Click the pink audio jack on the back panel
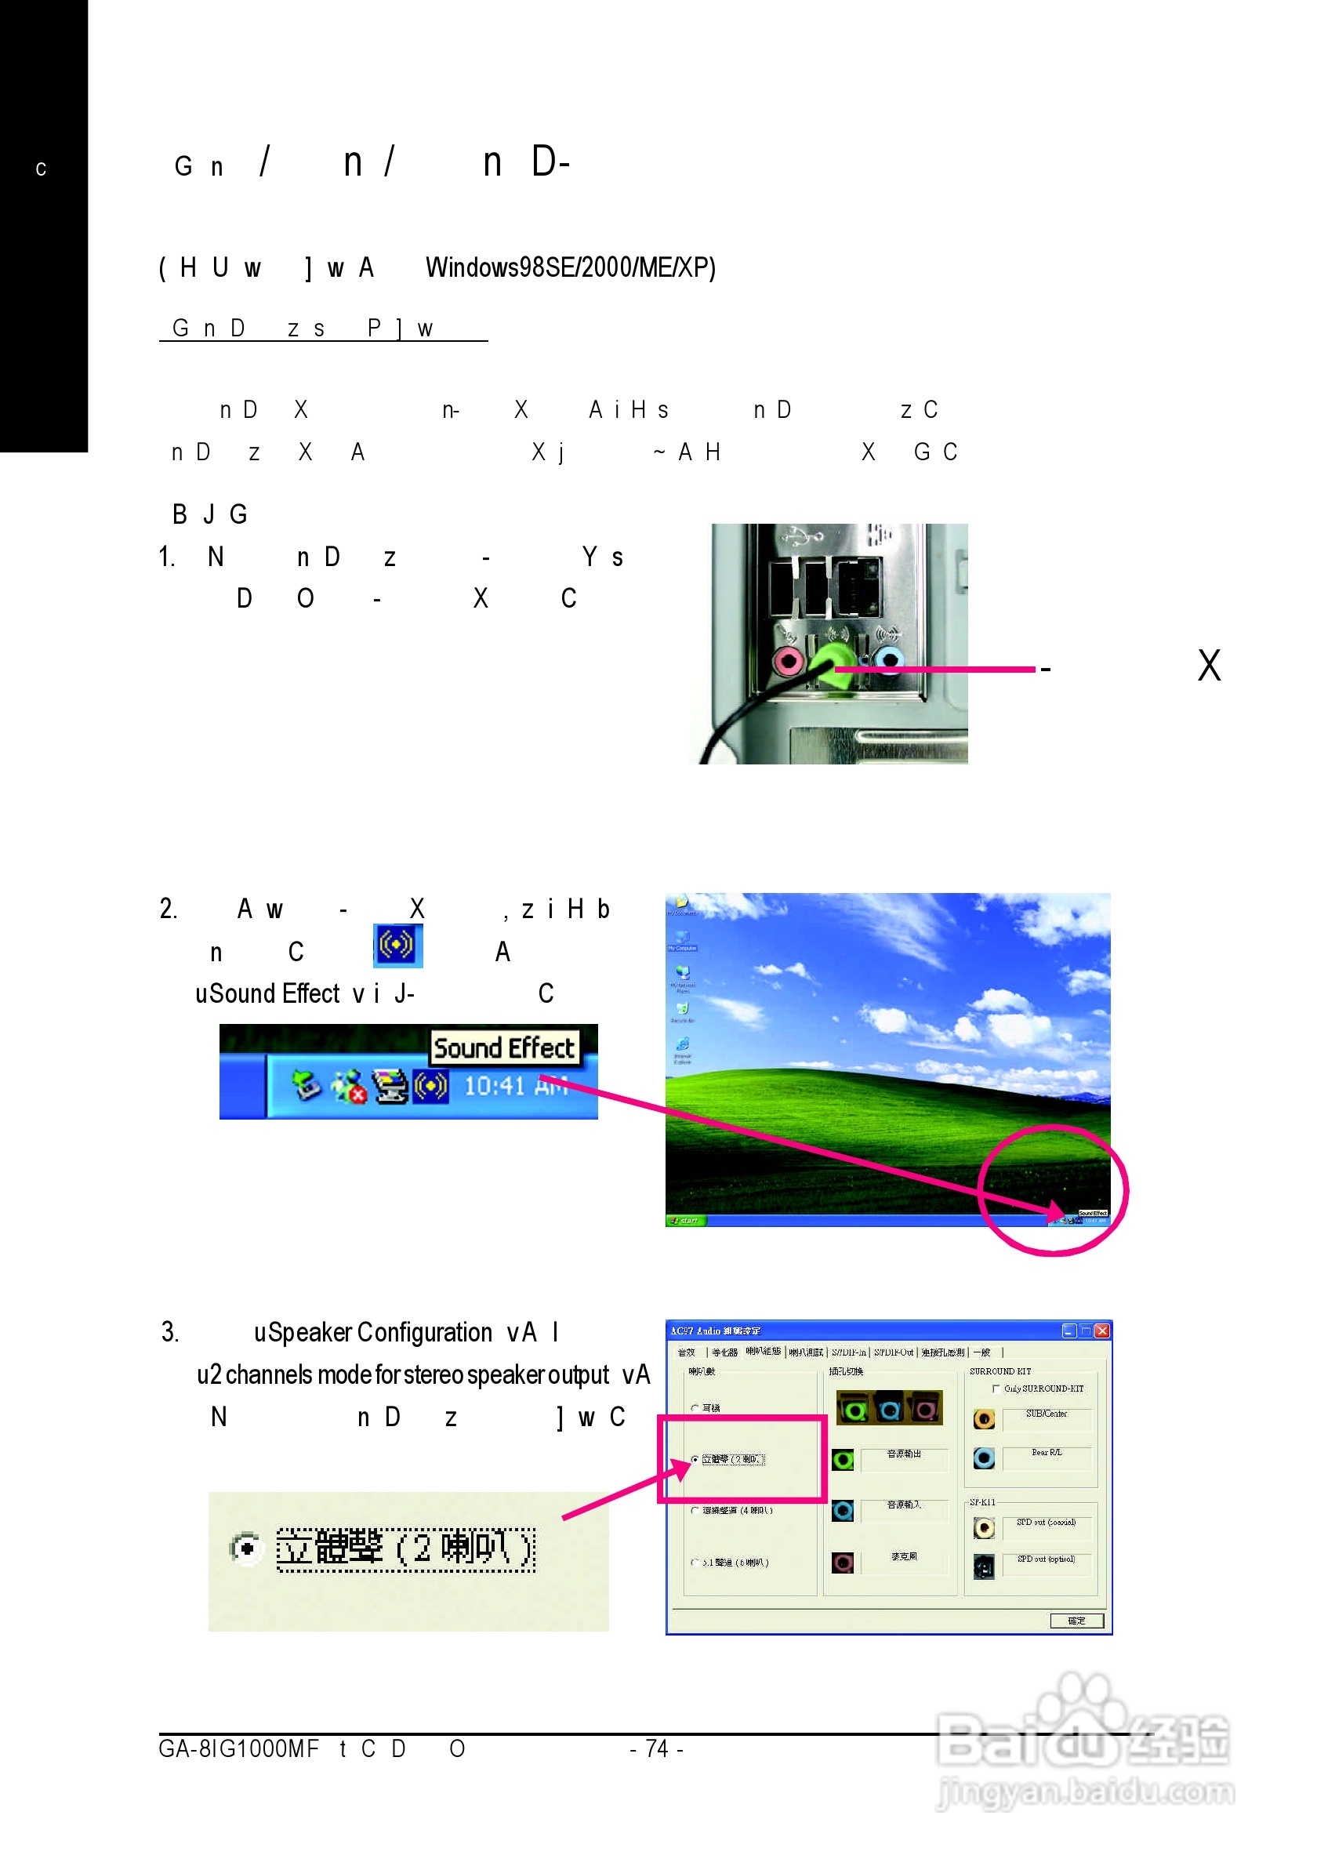(787, 661)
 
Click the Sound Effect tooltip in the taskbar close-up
(504, 1048)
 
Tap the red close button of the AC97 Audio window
(1101, 1331)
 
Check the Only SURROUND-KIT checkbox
(996, 1389)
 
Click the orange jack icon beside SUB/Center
(983, 1420)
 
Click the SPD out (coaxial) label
(1046, 1523)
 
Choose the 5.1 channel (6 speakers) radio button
(695, 1563)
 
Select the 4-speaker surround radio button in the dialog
(695, 1511)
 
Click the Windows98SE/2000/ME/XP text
(571, 267)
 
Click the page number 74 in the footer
(656, 1749)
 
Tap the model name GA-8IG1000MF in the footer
(238, 1749)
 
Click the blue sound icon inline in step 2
(397, 946)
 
